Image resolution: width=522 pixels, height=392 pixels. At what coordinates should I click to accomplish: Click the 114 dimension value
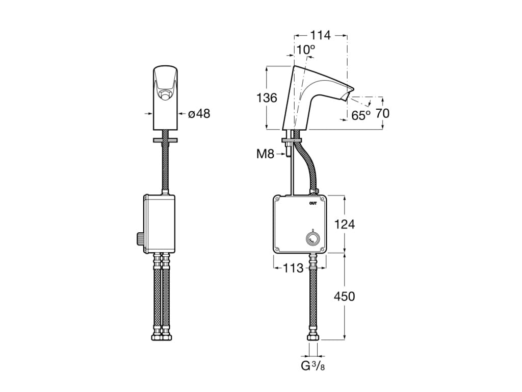pyautogui.click(x=320, y=35)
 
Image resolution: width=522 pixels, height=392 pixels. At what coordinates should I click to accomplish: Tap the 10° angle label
pyautogui.click(x=306, y=50)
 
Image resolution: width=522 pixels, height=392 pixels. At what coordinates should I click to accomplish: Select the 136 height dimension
pyautogui.click(x=266, y=97)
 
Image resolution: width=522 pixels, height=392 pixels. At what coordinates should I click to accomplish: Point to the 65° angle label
pyautogui.click(x=361, y=116)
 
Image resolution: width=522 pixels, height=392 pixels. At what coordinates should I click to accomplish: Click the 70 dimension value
pyautogui.click(x=382, y=113)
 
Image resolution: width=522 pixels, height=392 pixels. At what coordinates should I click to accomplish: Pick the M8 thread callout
pyautogui.click(x=265, y=154)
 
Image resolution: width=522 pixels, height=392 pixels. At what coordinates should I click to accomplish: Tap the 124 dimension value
pyautogui.click(x=345, y=224)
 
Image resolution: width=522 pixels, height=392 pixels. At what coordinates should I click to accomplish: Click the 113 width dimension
pyautogui.click(x=293, y=268)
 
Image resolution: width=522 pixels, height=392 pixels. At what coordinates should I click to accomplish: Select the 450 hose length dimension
pyautogui.click(x=345, y=296)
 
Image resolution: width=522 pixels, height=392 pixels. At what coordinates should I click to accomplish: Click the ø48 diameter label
pyautogui.click(x=199, y=113)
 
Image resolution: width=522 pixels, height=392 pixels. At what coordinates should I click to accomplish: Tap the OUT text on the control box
pyautogui.click(x=313, y=203)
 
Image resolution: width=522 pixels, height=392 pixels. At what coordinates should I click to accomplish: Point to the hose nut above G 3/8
pyautogui.click(x=313, y=337)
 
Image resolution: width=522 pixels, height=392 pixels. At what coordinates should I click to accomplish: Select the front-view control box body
pyautogui.click(x=160, y=223)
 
